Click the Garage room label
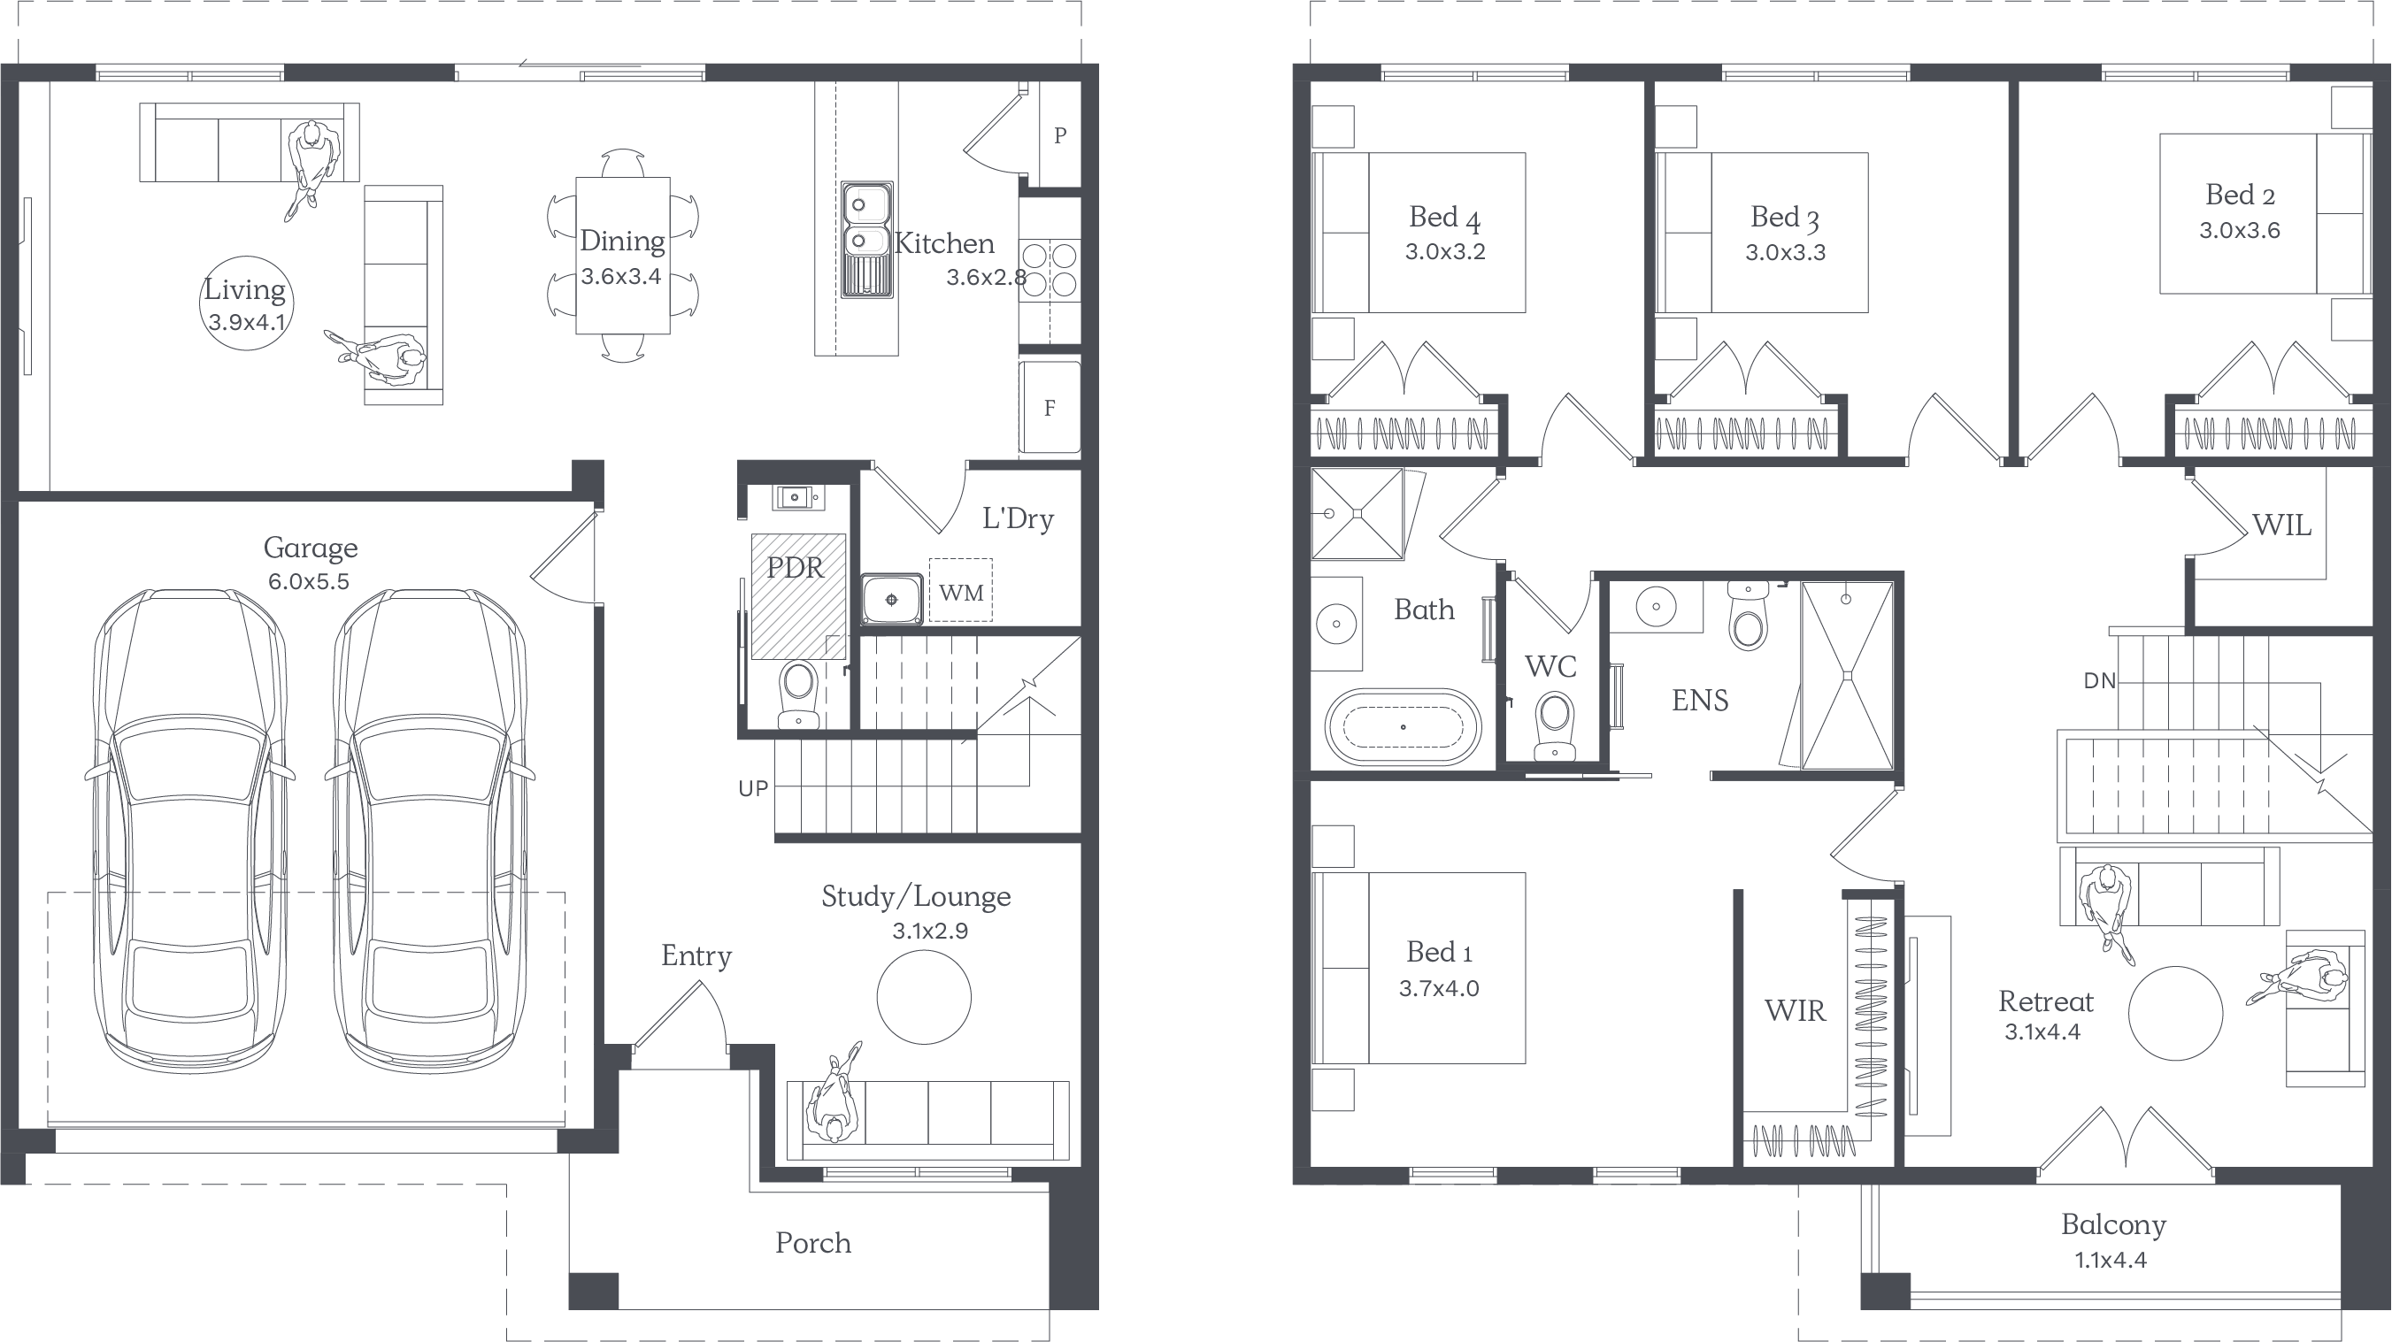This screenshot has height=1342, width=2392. point(310,548)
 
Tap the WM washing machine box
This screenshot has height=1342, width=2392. point(960,590)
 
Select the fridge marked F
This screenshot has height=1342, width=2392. point(1050,408)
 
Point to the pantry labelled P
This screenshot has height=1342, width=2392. point(1059,135)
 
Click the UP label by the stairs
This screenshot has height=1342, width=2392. point(753,789)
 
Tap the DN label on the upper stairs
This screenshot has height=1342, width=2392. point(2099,681)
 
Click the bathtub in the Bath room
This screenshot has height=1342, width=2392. point(1402,727)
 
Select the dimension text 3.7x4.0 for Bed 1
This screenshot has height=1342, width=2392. point(1438,988)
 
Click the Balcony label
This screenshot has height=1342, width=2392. point(2113,1225)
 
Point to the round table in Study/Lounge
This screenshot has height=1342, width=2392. point(924,997)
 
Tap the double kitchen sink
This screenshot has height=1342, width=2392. point(867,240)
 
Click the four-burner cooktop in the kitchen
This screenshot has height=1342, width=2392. point(1050,270)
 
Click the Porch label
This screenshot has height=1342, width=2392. point(812,1243)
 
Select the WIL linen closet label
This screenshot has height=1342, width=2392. point(2281,525)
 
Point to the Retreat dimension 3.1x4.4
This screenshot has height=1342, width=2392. point(2042,1032)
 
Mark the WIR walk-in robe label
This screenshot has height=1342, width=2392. point(1794,1010)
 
